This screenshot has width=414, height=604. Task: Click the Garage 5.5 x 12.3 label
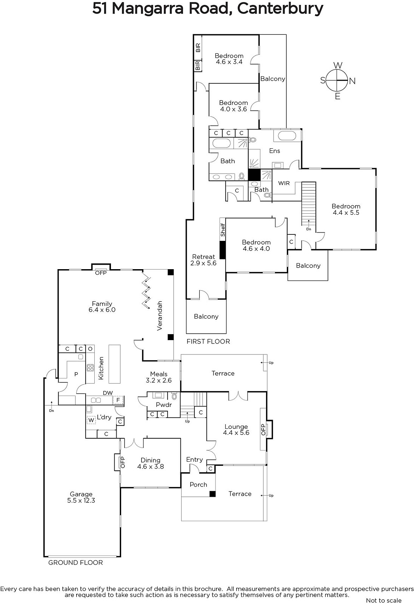click(x=81, y=497)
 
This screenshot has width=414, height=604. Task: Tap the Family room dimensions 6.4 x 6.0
click(x=102, y=310)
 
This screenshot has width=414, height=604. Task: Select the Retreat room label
click(x=203, y=257)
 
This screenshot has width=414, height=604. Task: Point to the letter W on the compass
click(x=338, y=65)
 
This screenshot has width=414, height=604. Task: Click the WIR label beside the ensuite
click(x=284, y=183)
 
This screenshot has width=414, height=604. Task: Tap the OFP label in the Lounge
click(x=263, y=429)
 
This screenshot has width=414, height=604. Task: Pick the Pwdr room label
click(x=164, y=405)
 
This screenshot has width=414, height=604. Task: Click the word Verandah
click(x=160, y=316)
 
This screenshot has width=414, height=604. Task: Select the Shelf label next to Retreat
click(x=223, y=230)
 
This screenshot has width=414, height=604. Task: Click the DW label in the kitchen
click(x=108, y=393)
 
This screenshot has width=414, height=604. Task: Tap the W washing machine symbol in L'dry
click(x=91, y=420)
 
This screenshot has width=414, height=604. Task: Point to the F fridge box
click(x=118, y=400)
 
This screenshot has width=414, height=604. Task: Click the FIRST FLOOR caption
click(x=208, y=341)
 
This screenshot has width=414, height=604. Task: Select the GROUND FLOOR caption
click(x=75, y=562)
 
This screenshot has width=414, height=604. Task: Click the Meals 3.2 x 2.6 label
click(x=159, y=377)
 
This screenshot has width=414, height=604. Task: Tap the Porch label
click(x=199, y=485)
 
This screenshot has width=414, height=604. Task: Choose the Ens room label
click(x=275, y=151)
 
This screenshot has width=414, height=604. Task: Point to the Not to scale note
click(x=384, y=601)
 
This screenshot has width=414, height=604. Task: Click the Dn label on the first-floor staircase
click(x=309, y=229)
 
